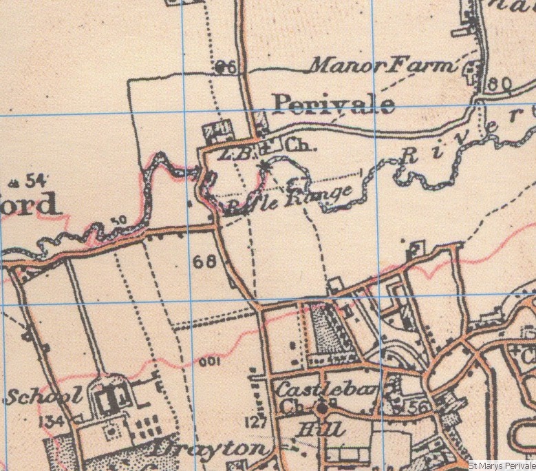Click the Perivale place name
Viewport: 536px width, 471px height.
click(334, 104)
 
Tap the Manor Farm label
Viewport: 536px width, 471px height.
click(383, 66)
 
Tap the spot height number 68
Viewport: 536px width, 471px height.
click(204, 262)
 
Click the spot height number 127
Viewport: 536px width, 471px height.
click(255, 422)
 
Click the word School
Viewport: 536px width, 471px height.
click(45, 396)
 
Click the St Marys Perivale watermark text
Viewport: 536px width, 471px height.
click(501, 465)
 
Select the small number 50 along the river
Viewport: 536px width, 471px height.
click(118, 220)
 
